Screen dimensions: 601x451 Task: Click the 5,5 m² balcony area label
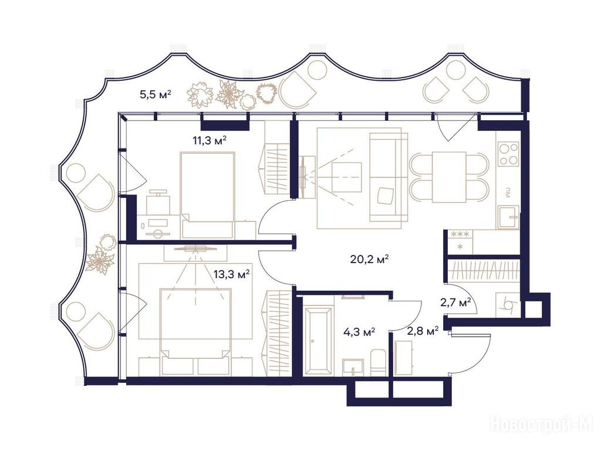pos(155,95)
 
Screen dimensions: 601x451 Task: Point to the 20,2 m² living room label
pos(370,260)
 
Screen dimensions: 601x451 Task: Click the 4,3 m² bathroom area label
pos(359,332)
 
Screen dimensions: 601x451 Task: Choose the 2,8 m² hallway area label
pos(423,331)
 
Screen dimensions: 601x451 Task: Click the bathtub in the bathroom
pos(318,341)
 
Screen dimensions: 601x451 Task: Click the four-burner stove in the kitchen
pos(508,154)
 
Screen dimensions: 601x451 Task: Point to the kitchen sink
pos(509,217)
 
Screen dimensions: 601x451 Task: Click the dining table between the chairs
pos(449,177)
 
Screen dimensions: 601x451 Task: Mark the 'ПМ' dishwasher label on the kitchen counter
pos(508,192)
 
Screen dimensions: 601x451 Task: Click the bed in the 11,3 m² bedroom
pos(207,195)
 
